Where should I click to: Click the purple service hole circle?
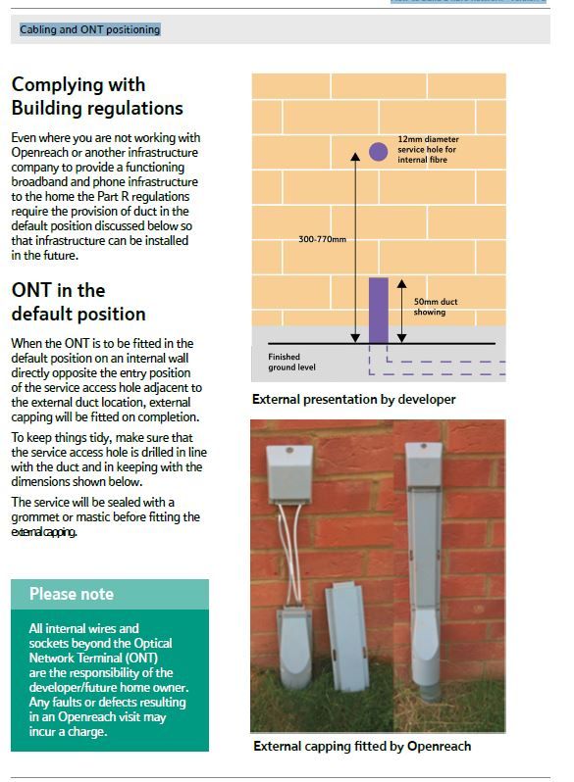pyautogui.click(x=378, y=151)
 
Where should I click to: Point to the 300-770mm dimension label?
pyautogui.click(x=323, y=238)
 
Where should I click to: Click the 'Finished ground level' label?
pyautogui.click(x=291, y=362)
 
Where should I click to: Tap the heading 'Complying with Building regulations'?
pyautogui.click(x=96, y=96)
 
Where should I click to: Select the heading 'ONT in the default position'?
pyautogui.click(x=78, y=302)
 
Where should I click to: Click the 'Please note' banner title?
pyautogui.click(x=72, y=594)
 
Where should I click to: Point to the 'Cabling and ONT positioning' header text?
pyautogui.click(x=89, y=29)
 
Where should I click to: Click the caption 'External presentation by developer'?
pyautogui.click(x=353, y=399)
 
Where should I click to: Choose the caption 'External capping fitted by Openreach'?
pyautogui.click(x=361, y=747)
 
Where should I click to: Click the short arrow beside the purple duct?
pyautogui.click(x=400, y=310)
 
